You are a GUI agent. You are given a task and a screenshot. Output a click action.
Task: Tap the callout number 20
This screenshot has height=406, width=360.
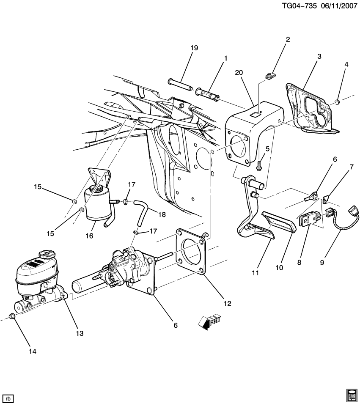[239, 73]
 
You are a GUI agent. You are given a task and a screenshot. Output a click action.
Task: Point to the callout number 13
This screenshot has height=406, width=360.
[80, 333]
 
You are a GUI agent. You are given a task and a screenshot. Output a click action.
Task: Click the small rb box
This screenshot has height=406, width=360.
[8, 398]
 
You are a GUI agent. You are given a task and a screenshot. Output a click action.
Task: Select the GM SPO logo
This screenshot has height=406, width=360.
[351, 394]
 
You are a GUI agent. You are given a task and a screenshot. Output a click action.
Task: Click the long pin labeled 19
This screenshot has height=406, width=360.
[181, 85]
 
